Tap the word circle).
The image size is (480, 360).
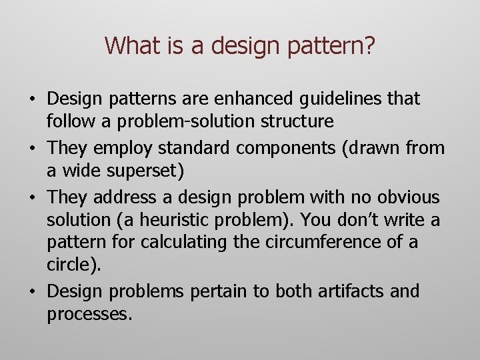coord(74,265)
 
